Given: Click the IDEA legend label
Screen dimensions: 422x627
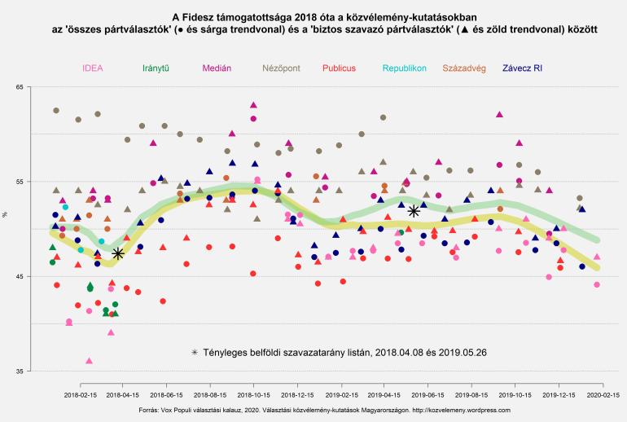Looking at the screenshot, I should tap(93, 68).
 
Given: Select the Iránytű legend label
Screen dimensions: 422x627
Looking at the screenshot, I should tap(155, 68).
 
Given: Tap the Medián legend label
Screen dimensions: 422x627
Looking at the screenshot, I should tap(216, 68).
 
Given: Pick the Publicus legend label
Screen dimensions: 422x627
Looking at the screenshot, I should tap(339, 68).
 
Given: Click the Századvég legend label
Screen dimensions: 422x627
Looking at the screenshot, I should tap(463, 68).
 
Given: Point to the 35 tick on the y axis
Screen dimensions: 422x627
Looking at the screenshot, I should tap(19, 371).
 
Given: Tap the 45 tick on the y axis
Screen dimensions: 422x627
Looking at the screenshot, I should tap(19, 277).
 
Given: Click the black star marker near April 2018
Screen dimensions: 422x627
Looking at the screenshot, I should tap(117, 254).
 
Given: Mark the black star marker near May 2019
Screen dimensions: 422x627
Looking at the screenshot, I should tap(414, 211).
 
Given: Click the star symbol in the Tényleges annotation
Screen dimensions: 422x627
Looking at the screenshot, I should tap(194, 352).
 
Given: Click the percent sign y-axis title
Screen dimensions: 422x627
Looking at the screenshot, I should tap(6, 215).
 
